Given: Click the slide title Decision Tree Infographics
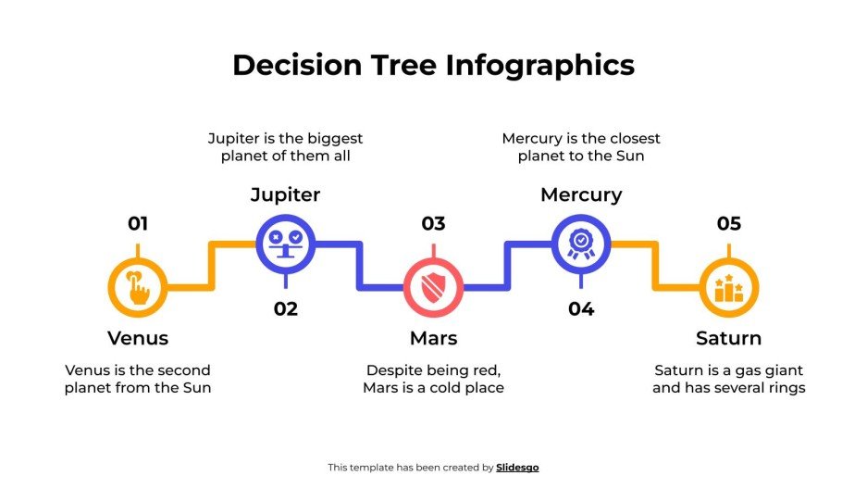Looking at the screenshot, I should [x=433, y=65].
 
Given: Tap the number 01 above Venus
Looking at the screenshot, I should [x=138, y=223].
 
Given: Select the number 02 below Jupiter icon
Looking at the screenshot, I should [x=286, y=308].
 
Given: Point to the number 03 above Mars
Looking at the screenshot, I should [x=433, y=223].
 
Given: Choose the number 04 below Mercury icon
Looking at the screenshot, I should [x=581, y=308].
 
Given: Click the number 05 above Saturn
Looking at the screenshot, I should [x=729, y=223].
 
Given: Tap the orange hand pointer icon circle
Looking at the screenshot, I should [x=138, y=288].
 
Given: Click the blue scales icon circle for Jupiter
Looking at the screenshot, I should [x=286, y=244].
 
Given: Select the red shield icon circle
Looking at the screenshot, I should [x=433, y=288].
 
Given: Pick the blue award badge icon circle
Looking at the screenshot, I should [x=581, y=244].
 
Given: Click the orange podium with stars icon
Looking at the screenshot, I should [x=729, y=288].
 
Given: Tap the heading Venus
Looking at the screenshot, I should [x=138, y=338].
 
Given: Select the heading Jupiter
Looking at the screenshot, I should [x=286, y=194].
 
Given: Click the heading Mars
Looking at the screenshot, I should [x=433, y=338].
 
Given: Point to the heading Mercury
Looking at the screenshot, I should [x=581, y=194].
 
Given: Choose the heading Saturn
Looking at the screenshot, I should [x=729, y=338].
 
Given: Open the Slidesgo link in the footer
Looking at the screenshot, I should [x=517, y=468].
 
